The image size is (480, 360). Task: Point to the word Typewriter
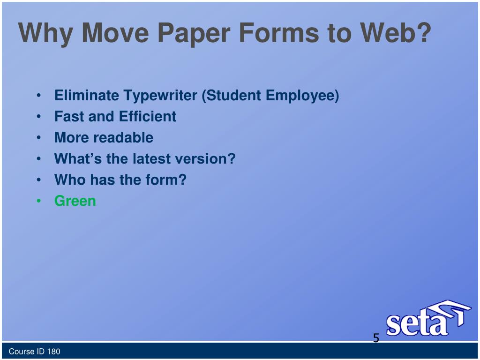160,96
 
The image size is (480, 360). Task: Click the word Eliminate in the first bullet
87,96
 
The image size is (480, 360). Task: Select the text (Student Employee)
270,96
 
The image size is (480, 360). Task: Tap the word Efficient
148,116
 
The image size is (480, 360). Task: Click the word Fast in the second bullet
69,116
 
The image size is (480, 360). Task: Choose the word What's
78,158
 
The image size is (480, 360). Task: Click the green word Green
75,201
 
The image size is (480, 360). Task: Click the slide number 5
376,338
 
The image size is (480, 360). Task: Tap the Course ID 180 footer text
35,352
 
